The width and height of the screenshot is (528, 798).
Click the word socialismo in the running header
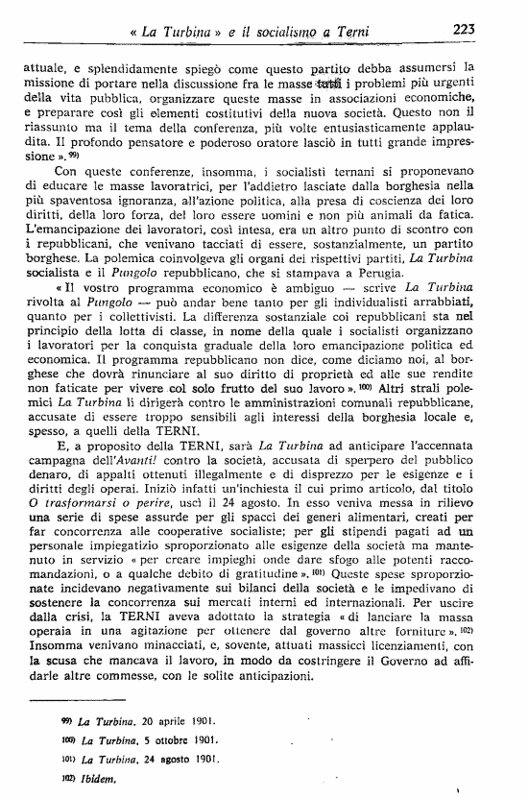303,32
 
